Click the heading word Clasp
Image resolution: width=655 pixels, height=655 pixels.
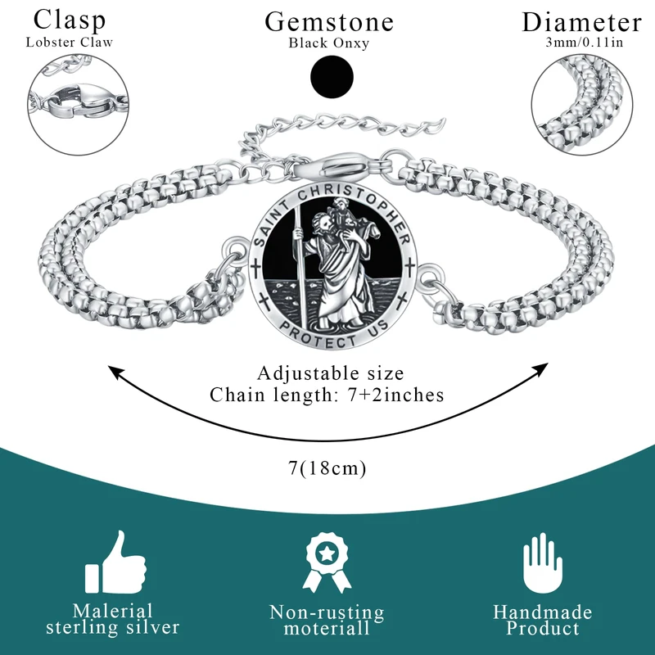tap(69, 20)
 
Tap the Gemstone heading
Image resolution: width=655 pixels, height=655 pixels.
tap(328, 22)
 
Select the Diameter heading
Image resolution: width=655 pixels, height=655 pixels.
tap(581, 22)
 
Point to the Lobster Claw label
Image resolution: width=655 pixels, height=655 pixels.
tap(69, 42)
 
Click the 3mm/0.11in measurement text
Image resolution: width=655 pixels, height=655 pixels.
tap(582, 42)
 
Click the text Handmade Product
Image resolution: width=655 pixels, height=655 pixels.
tap(542, 620)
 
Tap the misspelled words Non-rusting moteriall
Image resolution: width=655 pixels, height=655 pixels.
tap(327, 621)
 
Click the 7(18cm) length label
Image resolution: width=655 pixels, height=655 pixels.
tap(327, 468)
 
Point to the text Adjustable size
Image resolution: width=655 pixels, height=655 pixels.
tap(331, 373)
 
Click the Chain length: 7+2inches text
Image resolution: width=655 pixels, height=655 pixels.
tap(327, 395)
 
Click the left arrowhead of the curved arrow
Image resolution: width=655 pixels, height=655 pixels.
tap(115, 373)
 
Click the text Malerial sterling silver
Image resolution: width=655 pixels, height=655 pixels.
tap(113, 620)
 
